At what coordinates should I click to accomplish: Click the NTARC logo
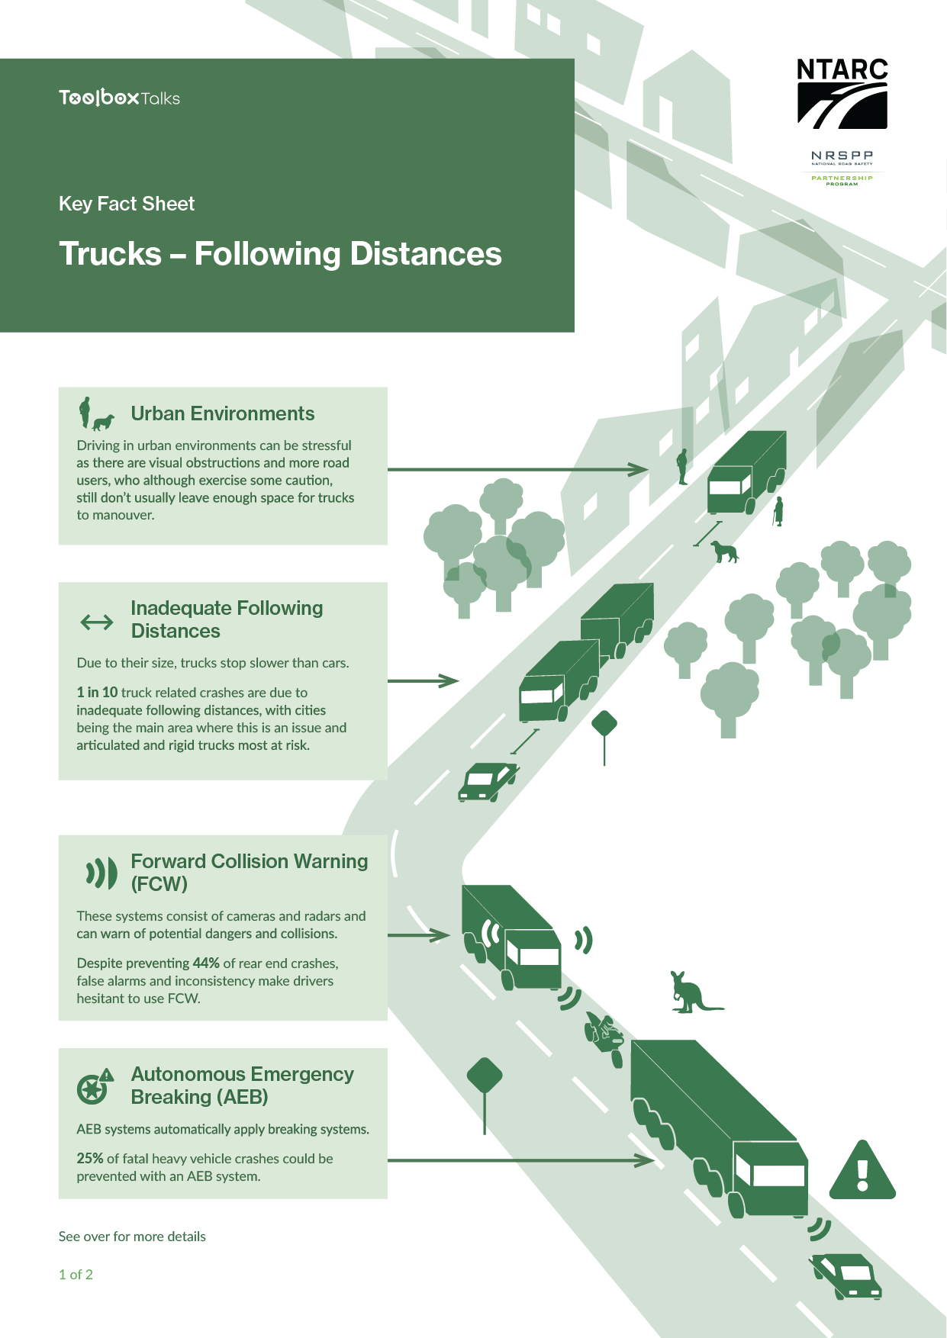coord(842,93)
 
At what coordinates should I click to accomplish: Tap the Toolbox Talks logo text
coord(120,98)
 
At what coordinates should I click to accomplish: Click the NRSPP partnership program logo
coord(842,168)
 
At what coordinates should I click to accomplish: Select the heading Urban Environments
coord(222,413)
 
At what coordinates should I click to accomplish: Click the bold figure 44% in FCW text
coord(206,963)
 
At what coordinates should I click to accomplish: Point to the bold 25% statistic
coord(89,1159)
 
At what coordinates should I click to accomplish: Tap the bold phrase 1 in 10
coord(97,693)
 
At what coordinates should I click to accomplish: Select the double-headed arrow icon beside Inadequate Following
coord(97,622)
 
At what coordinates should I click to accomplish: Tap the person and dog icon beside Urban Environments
coord(95,414)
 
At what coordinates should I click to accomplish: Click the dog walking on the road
coord(724,551)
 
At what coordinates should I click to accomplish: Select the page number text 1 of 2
coord(76,1275)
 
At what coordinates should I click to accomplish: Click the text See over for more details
coord(132,1237)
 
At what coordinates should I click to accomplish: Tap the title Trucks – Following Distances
coord(280,254)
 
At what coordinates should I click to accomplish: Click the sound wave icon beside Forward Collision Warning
coord(101,873)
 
